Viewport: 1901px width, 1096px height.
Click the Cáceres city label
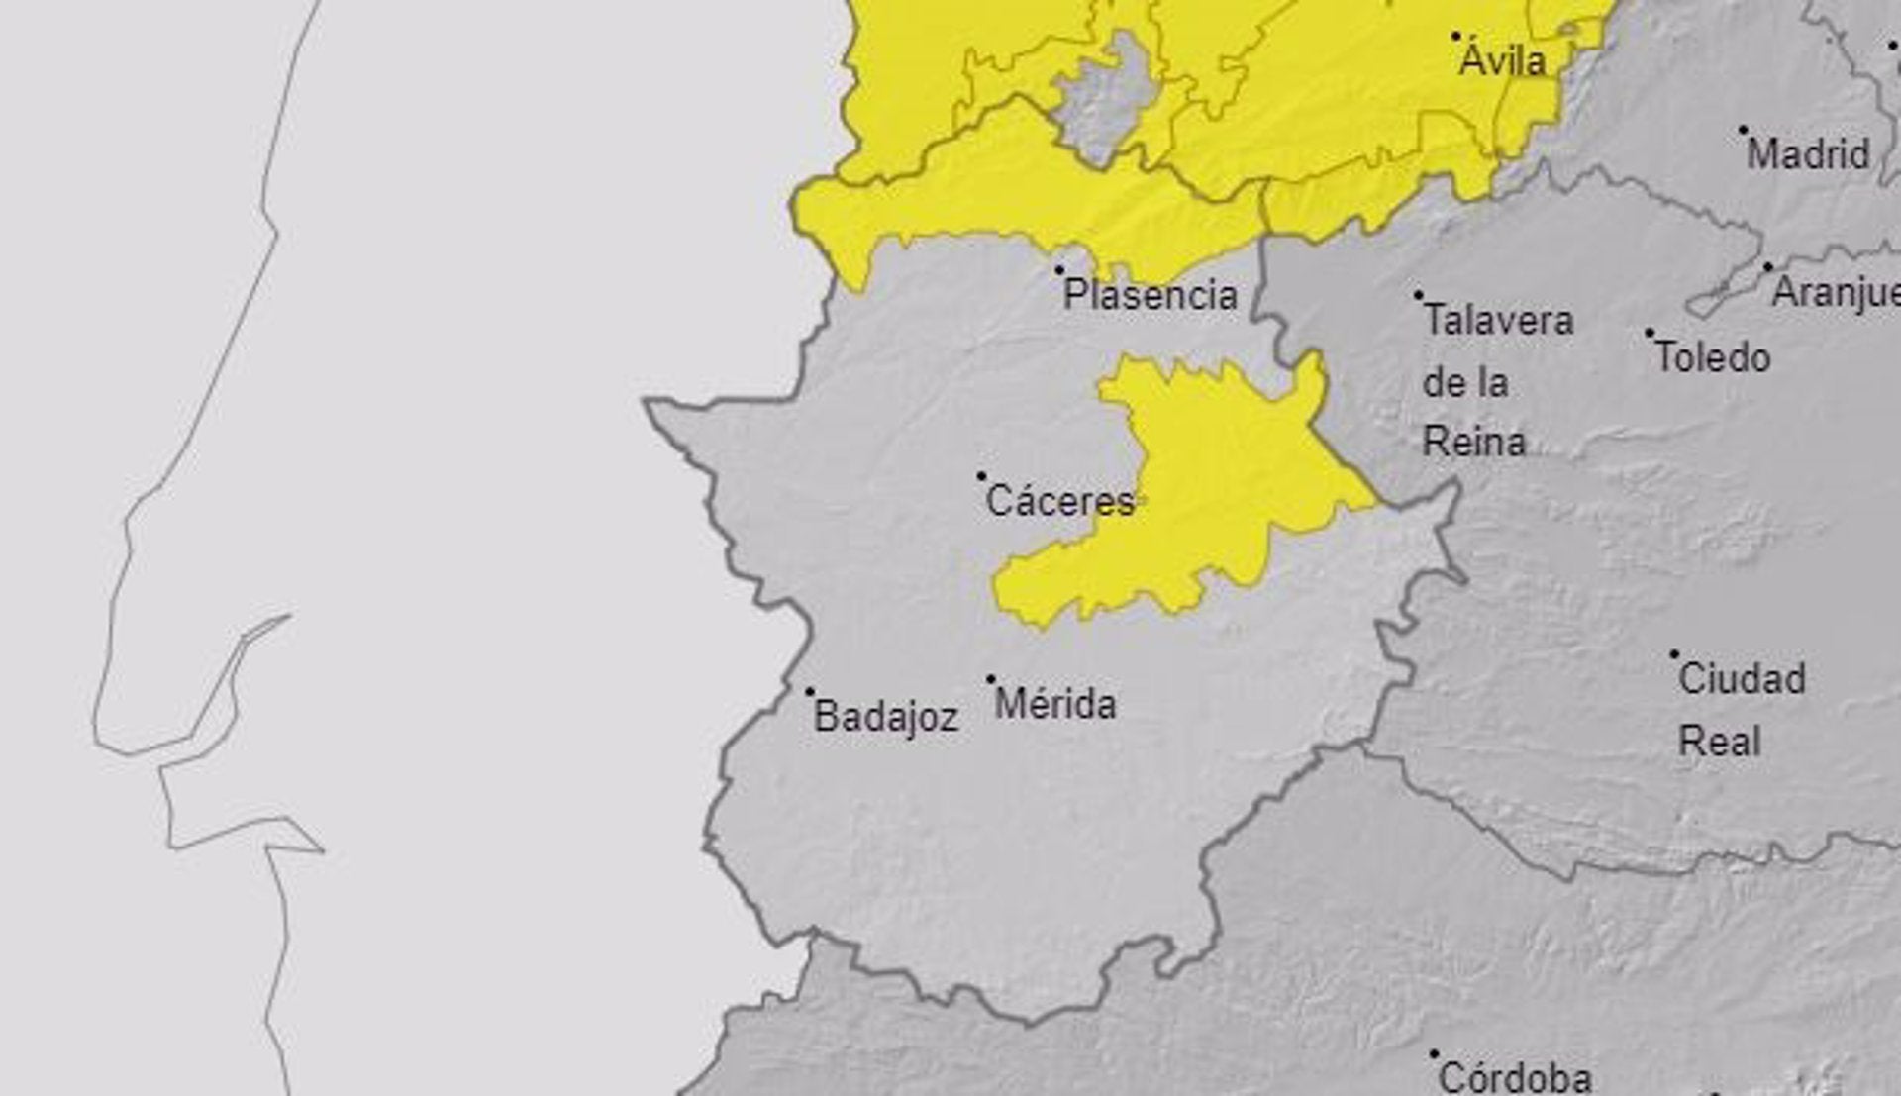coord(1059,502)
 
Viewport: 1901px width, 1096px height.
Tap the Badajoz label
coord(886,717)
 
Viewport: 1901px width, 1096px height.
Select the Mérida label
coord(1055,705)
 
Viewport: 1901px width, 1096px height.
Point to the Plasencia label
coord(1151,295)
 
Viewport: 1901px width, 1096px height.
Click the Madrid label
coord(1808,154)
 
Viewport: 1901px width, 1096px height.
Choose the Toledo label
coord(1713,357)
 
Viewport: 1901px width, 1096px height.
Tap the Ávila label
coord(1502,61)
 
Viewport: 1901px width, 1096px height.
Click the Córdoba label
coord(1515,1076)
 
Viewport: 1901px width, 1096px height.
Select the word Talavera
coord(1498,320)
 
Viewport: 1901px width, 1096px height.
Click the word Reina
coord(1474,442)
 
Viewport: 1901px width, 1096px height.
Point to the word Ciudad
coord(1742,679)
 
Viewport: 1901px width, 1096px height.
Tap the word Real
coord(1719,742)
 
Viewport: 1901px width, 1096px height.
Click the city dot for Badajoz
coord(810,692)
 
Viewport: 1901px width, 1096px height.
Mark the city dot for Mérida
coord(991,680)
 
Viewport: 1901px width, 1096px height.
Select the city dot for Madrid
coord(1744,130)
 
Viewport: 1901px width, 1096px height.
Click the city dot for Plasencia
coord(1059,270)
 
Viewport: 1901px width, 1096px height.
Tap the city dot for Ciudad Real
coord(1674,654)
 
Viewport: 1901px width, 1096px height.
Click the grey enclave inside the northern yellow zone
coord(1107,99)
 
